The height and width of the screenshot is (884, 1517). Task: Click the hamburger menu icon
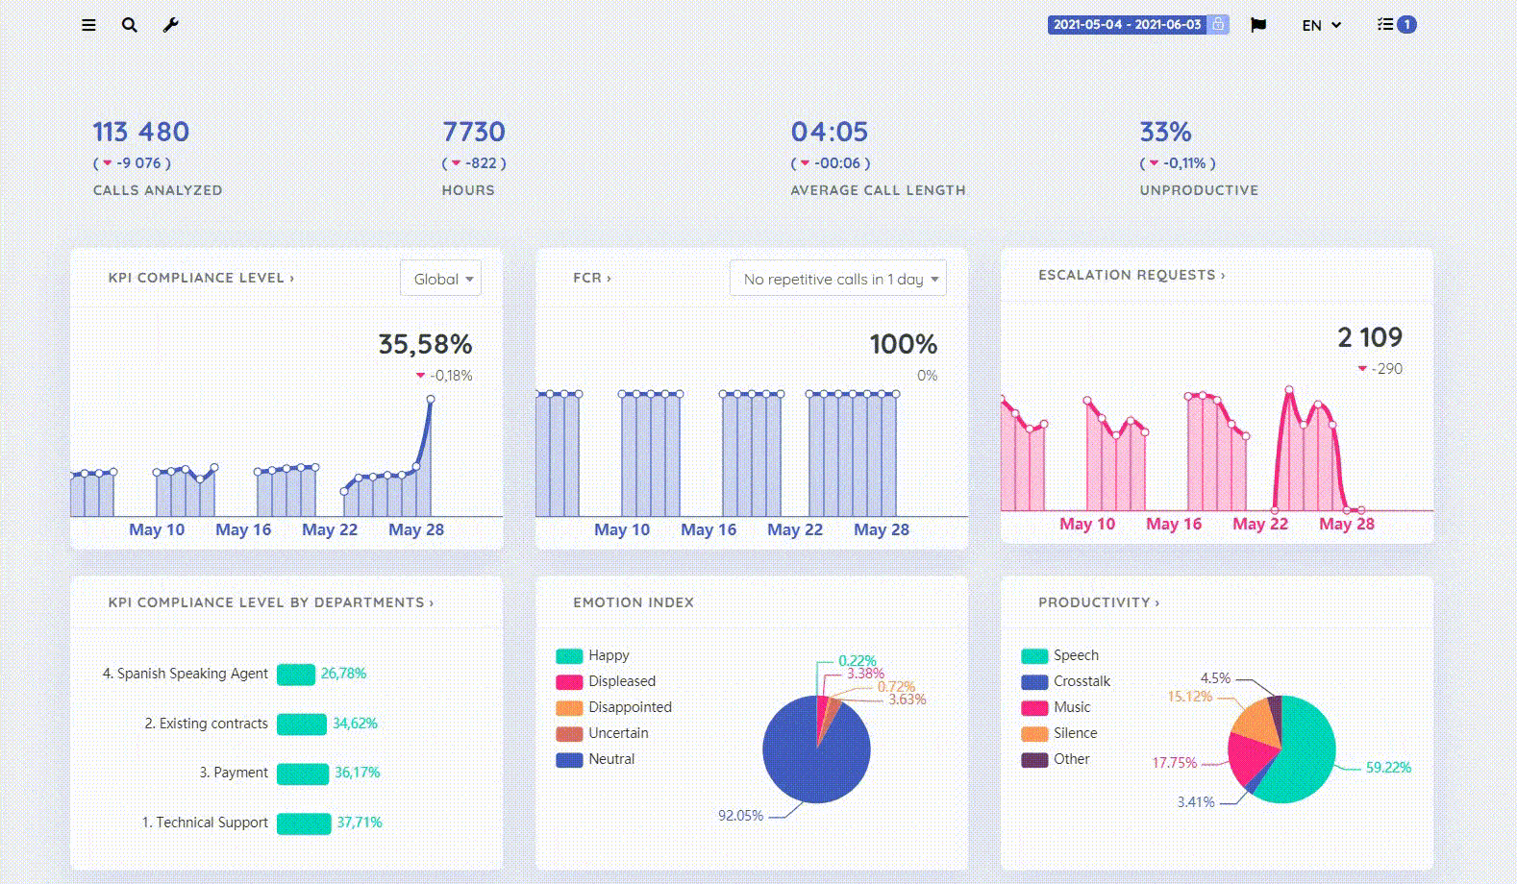pyautogui.click(x=88, y=25)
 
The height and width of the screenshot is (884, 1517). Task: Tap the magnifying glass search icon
pyautogui.click(x=129, y=25)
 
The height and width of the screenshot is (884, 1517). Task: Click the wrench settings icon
pyautogui.click(x=170, y=25)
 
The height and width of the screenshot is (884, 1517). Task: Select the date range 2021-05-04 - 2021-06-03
pyautogui.click(x=1127, y=25)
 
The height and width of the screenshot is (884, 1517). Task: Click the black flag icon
pyautogui.click(x=1257, y=25)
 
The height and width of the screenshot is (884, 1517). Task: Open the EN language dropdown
pyautogui.click(x=1321, y=25)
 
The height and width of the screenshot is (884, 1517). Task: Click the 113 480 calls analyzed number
pyautogui.click(x=140, y=132)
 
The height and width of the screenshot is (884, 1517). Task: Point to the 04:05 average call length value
pyautogui.click(x=829, y=132)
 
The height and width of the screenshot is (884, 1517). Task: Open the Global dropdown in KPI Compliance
pyautogui.click(x=441, y=279)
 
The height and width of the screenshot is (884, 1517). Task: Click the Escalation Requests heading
pyautogui.click(x=1131, y=275)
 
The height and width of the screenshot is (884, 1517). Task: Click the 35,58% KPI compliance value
pyautogui.click(x=425, y=344)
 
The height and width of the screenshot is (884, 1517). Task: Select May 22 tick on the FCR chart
pyautogui.click(x=794, y=529)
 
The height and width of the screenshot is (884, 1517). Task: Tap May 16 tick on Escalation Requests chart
pyautogui.click(x=1173, y=524)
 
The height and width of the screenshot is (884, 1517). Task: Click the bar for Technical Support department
pyautogui.click(x=304, y=823)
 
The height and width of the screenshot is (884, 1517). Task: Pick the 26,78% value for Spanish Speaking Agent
pyautogui.click(x=343, y=674)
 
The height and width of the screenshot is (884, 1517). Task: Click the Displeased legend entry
pyautogui.click(x=621, y=681)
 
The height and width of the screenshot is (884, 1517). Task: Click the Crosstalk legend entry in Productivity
pyautogui.click(x=1081, y=681)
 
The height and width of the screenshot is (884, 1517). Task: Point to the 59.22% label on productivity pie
pyautogui.click(x=1388, y=768)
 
